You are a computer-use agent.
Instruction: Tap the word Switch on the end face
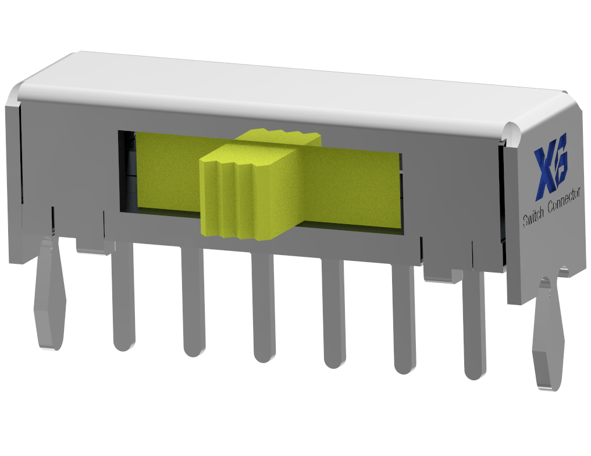533,219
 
